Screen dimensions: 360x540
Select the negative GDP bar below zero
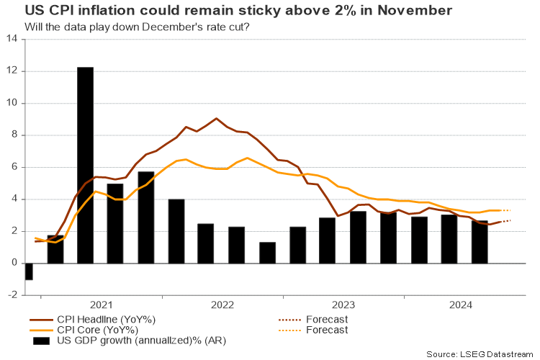(29, 271)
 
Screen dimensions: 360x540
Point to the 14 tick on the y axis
(13, 39)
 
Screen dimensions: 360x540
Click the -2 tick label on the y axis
(12, 294)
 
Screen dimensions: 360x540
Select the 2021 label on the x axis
(102, 305)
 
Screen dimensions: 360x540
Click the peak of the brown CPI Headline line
(216, 118)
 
